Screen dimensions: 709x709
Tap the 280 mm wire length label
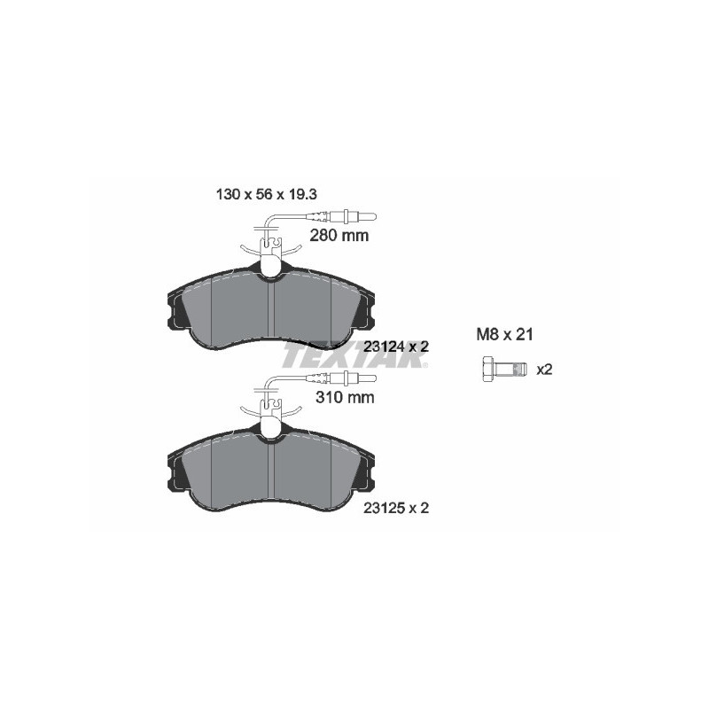[x=339, y=236]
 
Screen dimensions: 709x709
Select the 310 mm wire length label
[x=345, y=397]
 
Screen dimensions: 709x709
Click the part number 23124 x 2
[x=396, y=346]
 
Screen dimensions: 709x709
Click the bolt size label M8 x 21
[x=503, y=335]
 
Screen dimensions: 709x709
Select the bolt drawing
[x=502, y=368]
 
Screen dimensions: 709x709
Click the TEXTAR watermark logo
[x=354, y=357]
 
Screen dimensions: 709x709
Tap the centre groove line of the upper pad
[x=270, y=310]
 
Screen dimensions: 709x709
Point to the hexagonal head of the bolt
[x=488, y=368]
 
